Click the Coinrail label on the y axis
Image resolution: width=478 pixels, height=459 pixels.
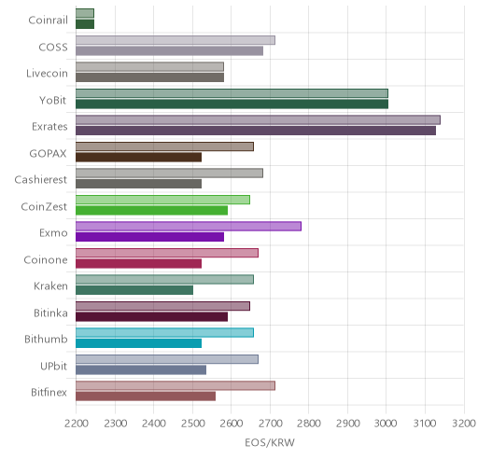[x=48, y=21]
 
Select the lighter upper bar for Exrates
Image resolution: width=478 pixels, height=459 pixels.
[x=258, y=119]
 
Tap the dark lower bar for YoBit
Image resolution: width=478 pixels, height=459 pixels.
[x=232, y=104]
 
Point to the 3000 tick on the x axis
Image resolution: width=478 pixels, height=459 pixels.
[x=386, y=424]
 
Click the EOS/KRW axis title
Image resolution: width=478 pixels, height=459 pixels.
[x=270, y=442]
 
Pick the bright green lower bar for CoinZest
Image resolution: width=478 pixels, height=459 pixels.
[x=151, y=211]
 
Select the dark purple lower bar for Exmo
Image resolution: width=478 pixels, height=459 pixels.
[x=149, y=237]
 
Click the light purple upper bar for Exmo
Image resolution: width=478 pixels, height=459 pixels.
[x=189, y=226]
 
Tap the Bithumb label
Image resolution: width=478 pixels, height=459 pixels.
[x=46, y=339]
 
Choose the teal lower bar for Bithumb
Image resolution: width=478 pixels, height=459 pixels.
[x=138, y=343]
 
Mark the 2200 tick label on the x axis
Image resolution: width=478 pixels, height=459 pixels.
[x=76, y=424]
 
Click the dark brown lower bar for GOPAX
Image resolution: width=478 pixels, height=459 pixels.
[x=138, y=158]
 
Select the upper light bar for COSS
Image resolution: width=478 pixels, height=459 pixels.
[x=176, y=40]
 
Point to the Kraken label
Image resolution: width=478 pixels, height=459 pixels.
[x=50, y=285]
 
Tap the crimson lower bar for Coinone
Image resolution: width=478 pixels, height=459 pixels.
[x=138, y=264]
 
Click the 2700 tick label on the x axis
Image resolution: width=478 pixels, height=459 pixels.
[x=270, y=424]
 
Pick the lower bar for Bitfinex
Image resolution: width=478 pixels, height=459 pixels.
[x=146, y=396]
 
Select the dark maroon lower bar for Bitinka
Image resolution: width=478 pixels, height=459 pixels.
[x=151, y=317]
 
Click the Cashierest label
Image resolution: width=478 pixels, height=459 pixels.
[x=41, y=180]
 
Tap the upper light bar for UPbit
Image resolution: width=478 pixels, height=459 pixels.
[x=167, y=359]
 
